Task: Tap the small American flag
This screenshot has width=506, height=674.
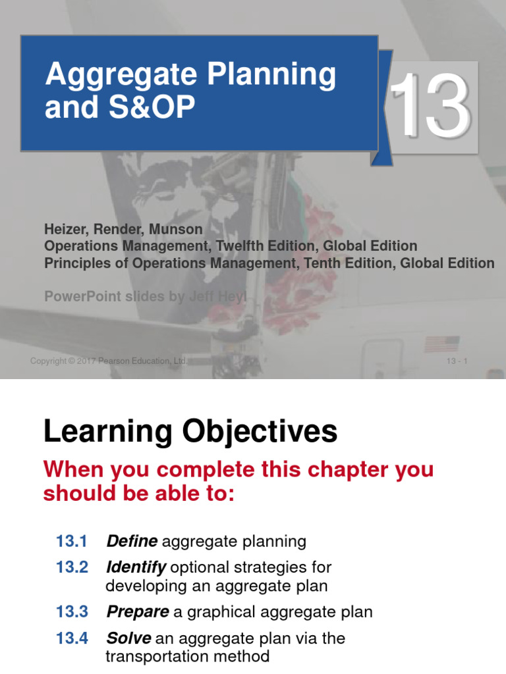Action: (x=442, y=344)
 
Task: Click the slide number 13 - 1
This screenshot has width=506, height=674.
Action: (x=457, y=361)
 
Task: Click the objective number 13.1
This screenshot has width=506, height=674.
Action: (x=72, y=542)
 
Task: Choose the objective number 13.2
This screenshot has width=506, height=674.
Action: (x=72, y=567)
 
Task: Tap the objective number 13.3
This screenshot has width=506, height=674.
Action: (x=72, y=612)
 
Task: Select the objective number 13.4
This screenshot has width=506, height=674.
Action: (x=72, y=638)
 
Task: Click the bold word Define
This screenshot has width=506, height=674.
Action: (x=132, y=542)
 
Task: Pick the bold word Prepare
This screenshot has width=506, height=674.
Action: (x=138, y=612)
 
